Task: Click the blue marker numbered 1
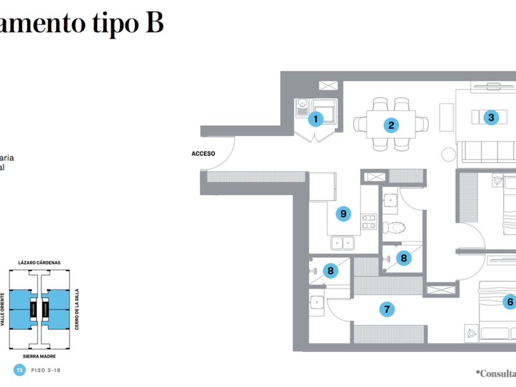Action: (316, 119)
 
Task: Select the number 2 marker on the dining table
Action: (391, 125)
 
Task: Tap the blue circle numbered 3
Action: (490, 117)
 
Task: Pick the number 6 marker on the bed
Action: (509, 302)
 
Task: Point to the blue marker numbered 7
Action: (386, 309)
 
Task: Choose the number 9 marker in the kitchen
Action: (343, 214)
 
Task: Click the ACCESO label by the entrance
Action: (203, 154)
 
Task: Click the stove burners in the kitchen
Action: (368, 221)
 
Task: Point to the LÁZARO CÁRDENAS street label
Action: (39, 262)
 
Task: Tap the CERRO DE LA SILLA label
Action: (76, 310)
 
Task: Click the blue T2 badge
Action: (20, 370)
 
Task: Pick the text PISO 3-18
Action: (46, 370)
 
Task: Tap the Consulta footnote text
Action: (496, 373)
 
